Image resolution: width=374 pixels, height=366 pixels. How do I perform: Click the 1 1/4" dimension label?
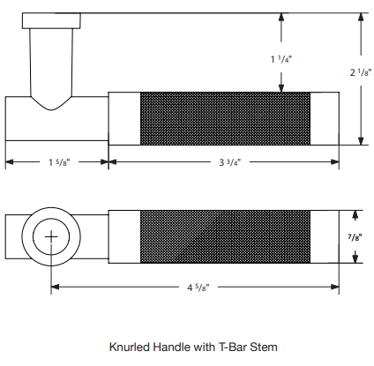pyautogui.click(x=281, y=59)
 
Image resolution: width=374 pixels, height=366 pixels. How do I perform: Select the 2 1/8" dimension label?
pyautogui.click(x=361, y=72)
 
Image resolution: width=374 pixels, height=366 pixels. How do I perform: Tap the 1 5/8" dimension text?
pyautogui.click(x=59, y=162)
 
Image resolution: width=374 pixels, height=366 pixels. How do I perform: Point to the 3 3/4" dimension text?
pyautogui.click(x=230, y=162)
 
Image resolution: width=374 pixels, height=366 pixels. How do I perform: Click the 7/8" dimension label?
pyautogui.click(x=355, y=237)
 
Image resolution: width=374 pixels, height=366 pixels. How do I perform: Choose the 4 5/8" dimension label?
pyautogui.click(x=198, y=287)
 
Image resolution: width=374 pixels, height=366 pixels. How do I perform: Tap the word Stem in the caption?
pyautogui.click(x=264, y=347)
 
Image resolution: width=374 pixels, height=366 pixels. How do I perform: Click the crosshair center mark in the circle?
pyautogui.click(x=51, y=236)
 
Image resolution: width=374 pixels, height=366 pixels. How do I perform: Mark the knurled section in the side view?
pyautogui.click(x=225, y=118)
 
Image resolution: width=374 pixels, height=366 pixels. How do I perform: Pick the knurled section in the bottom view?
pyautogui.click(x=225, y=236)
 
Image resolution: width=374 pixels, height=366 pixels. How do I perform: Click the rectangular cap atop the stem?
pyautogui.click(x=51, y=21)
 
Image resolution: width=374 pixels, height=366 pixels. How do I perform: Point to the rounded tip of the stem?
pyautogui.click(x=51, y=109)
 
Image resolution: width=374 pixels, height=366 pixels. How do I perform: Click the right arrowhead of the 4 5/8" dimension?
pyautogui.click(x=335, y=287)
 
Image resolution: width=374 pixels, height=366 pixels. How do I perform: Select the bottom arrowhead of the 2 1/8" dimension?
pyautogui.click(x=361, y=141)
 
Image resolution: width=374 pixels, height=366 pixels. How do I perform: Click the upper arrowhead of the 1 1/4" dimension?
pyautogui.click(x=281, y=17)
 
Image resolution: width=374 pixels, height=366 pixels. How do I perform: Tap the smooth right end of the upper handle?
pyautogui.click(x=325, y=118)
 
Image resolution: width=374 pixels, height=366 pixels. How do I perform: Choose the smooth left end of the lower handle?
pyautogui.click(x=124, y=236)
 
